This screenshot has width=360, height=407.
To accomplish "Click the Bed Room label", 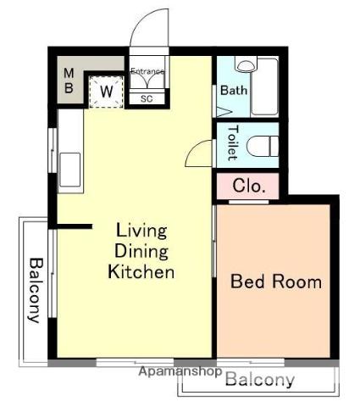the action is [x=276, y=282].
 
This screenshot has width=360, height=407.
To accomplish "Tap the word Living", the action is [x=141, y=231].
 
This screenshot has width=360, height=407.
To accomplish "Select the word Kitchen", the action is [x=141, y=271].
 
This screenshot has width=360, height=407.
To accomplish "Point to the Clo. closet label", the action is [x=249, y=186].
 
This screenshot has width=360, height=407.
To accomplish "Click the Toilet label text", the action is [x=233, y=143].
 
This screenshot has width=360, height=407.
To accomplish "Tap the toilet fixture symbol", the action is [x=263, y=146].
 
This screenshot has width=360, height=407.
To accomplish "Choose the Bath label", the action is [x=234, y=91].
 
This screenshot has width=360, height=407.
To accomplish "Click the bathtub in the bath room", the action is [x=264, y=86].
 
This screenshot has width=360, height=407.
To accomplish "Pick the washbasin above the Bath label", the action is [x=246, y=64].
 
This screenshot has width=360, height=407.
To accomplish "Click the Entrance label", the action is [x=147, y=71].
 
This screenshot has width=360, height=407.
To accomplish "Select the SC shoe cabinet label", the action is [x=147, y=99].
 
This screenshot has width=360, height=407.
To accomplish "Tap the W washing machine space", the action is [x=106, y=91].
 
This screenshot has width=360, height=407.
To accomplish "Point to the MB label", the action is [x=69, y=81].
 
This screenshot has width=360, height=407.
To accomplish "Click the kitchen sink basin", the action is [x=70, y=170].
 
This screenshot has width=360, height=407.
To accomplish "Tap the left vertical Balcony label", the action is [x=36, y=290].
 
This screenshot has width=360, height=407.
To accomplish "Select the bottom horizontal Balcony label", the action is [x=260, y=379].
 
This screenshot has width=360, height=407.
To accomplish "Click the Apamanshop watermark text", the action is [x=180, y=371].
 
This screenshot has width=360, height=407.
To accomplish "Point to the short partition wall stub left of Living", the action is [x=75, y=226].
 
